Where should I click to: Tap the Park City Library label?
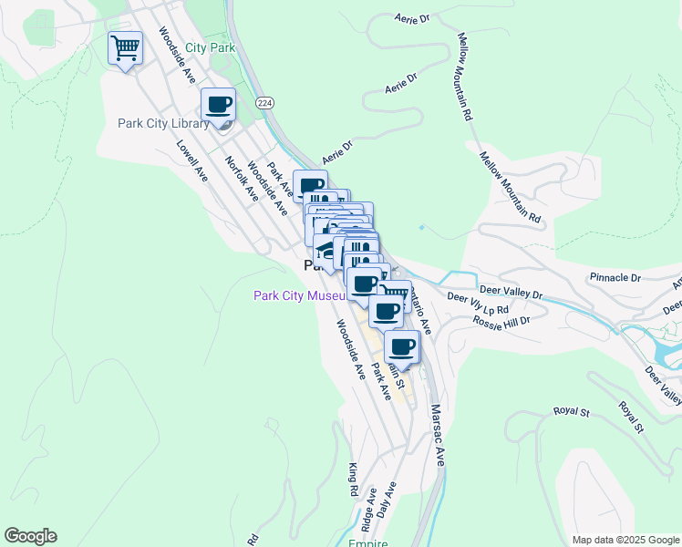point(157,124)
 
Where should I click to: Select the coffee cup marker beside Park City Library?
point(218,106)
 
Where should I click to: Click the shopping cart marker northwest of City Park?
point(125,46)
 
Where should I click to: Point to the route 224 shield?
point(264,103)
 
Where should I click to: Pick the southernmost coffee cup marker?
point(401,347)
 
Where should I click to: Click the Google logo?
point(30,536)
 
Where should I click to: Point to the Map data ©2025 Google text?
point(625,540)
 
